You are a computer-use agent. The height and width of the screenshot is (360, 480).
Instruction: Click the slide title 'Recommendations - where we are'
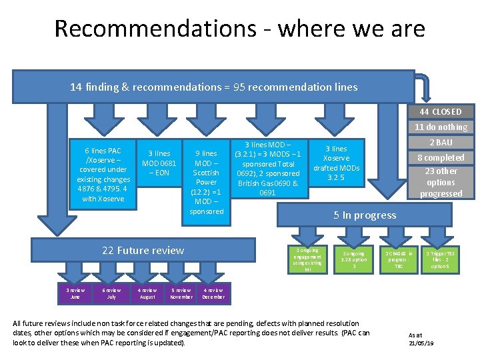(x=239, y=29)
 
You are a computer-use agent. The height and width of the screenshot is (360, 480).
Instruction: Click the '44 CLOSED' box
(x=441, y=111)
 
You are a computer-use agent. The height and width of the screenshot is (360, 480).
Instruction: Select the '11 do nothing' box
(x=441, y=127)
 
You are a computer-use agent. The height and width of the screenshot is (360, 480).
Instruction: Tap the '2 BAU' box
(x=441, y=142)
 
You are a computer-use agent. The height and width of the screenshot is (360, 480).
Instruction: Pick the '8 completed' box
(x=441, y=157)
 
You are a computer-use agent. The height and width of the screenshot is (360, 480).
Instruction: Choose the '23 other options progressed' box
(x=441, y=182)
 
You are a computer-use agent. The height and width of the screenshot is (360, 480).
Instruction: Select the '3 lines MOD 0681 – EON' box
(x=159, y=164)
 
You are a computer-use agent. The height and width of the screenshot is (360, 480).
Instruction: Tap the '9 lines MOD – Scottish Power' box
(x=206, y=181)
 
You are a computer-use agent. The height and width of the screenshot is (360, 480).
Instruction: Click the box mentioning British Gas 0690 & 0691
(x=267, y=169)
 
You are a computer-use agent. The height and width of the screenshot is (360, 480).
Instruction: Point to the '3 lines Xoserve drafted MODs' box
(x=336, y=164)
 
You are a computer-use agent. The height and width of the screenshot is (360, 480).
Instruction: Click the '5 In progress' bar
(x=365, y=215)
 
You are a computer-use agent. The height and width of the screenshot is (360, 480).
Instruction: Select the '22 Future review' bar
(x=143, y=251)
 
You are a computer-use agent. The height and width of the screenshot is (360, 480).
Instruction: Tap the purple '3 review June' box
(x=75, y=293)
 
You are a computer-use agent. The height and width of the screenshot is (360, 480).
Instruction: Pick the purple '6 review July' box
(x=111, y=293)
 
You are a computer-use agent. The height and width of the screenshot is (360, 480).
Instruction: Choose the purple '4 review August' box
(x=147, y=293)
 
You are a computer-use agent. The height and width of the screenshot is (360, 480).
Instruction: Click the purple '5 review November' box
(x=181, y=293)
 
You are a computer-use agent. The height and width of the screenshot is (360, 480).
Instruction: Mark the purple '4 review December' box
(x=213, y=293)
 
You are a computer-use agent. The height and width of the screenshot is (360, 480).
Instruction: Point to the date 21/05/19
(x=421, y=342)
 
